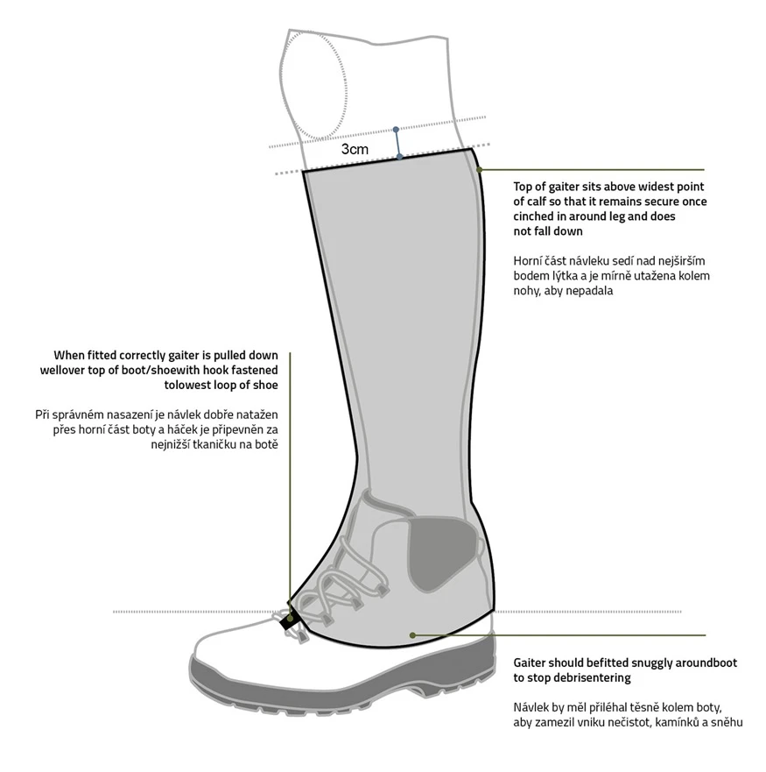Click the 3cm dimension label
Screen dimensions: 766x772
click(x=355, y=149)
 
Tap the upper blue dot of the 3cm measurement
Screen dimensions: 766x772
click(x=396, y=130)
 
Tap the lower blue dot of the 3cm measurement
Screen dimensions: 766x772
click(x=400, y=157)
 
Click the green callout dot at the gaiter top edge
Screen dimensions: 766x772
click(x=480, y=169)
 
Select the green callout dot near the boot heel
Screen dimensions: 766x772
click(x=412, y=635)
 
